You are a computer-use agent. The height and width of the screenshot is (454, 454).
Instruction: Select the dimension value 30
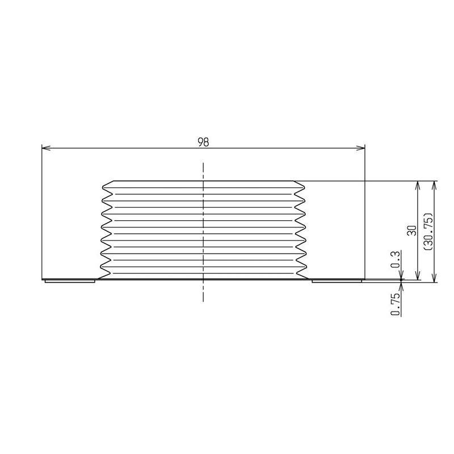coord(413,230)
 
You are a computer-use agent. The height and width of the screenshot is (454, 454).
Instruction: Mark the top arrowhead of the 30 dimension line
coord(418,185)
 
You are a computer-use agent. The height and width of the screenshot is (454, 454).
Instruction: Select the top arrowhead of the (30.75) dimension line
coord(435,185)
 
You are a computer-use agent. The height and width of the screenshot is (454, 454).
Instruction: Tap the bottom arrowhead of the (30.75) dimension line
coord(435,278)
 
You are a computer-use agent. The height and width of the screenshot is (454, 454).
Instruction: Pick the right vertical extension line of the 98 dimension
coord(364,216)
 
